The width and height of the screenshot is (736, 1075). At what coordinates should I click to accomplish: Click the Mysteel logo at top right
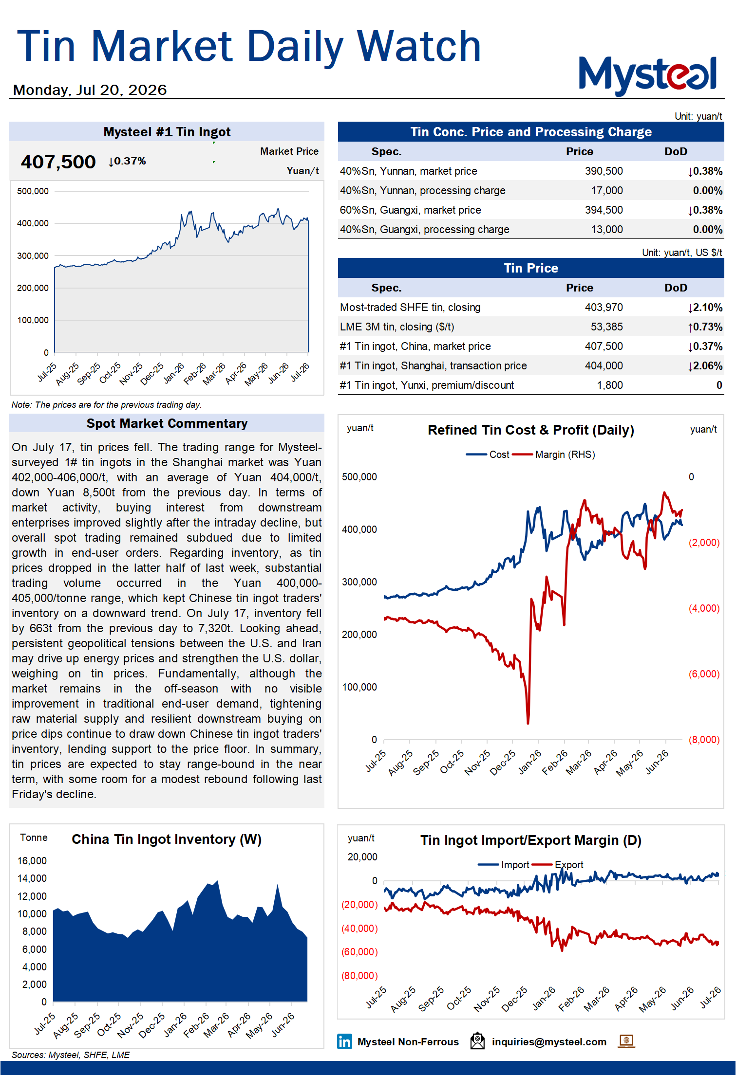(647, 75)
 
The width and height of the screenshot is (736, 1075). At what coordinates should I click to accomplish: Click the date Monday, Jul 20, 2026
(90, 90)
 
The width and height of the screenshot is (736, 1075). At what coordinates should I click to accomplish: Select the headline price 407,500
(58, 162)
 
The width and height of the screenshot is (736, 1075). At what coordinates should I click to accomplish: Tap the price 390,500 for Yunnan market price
(604, 171)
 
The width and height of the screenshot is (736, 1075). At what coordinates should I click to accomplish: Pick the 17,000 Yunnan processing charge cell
(606, 191)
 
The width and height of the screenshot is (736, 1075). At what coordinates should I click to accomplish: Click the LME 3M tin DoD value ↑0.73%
(705, 327)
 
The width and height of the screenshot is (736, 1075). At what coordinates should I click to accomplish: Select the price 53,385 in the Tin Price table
(606, 327)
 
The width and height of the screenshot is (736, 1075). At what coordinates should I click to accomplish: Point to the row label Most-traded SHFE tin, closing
(410, 308)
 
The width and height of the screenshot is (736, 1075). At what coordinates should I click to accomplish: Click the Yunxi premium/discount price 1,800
(610, 385)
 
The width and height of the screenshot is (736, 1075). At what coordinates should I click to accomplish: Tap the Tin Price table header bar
(531, 268)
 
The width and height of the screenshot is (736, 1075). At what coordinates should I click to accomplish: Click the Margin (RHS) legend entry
(554, 455)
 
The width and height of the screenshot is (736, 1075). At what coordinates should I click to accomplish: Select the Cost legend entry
(488, 455)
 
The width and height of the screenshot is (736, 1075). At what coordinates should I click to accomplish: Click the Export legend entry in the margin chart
(558, 865)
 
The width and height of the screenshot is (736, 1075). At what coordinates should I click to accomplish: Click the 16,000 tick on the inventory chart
(32, 861)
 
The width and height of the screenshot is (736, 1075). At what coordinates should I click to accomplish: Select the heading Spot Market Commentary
(167, 423)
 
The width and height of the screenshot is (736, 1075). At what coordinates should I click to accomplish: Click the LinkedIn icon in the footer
(344, 1041)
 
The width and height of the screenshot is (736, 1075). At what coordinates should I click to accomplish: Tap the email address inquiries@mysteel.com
(549, 1042)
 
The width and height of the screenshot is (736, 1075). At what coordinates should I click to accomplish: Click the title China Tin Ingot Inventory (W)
(167, 839)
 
